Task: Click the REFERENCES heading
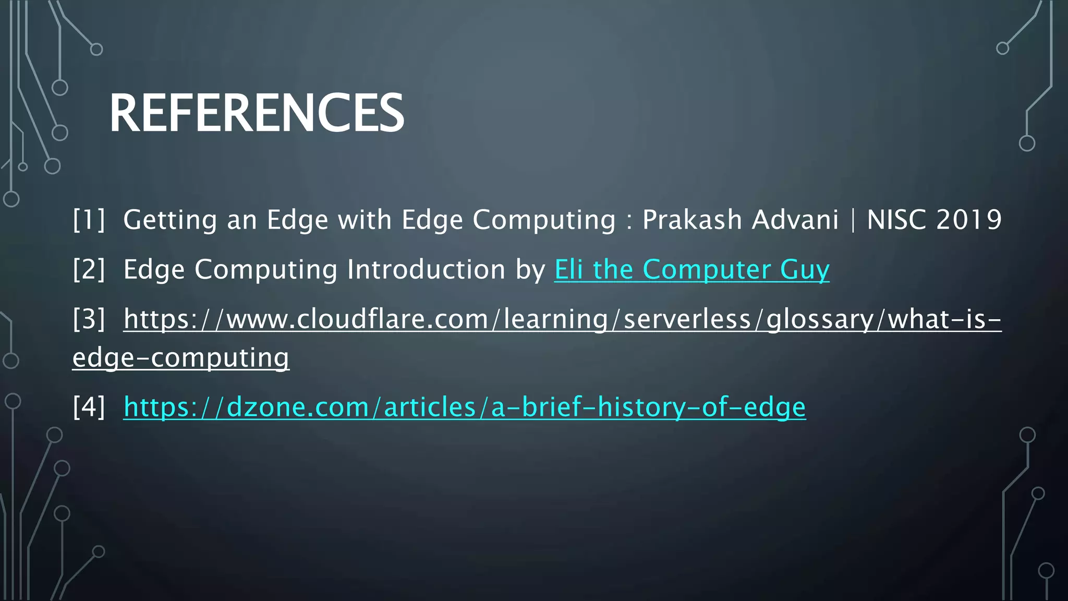click(256, 113)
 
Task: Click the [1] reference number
click(89, 220)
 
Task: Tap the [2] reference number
click(89, 270)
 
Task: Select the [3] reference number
click(89, 319)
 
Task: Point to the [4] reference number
click(89, 407)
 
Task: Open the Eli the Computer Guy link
click(691, 270)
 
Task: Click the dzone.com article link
click(464, 407)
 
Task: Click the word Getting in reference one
click(169, 220)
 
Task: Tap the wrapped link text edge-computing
click(180, 358)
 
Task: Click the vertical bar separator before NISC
click(853, 220)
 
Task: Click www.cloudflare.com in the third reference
click(357, 319)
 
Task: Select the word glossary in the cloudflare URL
click(820, 319)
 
